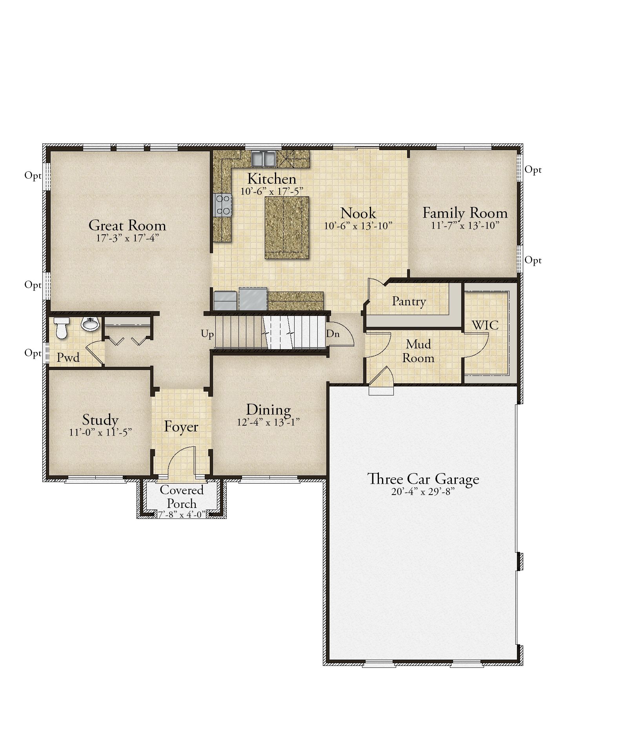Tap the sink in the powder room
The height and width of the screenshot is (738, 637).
click(x=90, y=324)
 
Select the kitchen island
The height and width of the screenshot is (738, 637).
click(x=287, y=227)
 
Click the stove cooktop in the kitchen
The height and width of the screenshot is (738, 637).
click(x=223, y=205)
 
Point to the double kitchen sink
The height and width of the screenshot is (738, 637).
click(x=263, y=159)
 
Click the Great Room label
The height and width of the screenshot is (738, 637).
click(x=127, y=225)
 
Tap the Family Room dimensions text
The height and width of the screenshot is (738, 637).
click(x=465, y=225)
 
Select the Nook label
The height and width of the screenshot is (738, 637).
click(x=358, y=213)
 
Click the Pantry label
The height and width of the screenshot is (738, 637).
click(x=409, y=301)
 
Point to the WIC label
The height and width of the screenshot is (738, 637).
click(x=485, y=325)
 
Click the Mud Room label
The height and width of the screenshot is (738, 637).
click(x=418, y=351)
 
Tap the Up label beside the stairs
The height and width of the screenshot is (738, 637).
click(x=207, y=334)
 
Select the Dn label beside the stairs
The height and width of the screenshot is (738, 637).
click(x=333, y=334)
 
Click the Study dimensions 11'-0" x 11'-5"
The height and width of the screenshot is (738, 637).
click(x=100, y=432)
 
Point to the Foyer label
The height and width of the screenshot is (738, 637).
click(x=181, y=426)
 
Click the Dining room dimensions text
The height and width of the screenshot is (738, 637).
click(x=268, y=422)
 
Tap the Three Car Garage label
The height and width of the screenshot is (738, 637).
click(x=423, y=479)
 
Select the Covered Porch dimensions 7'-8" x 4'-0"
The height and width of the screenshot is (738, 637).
click(x=182, y=515)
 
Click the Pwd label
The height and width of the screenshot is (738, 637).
click(x=68, y=357)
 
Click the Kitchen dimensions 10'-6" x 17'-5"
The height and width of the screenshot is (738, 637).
click(x=272, y=191)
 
